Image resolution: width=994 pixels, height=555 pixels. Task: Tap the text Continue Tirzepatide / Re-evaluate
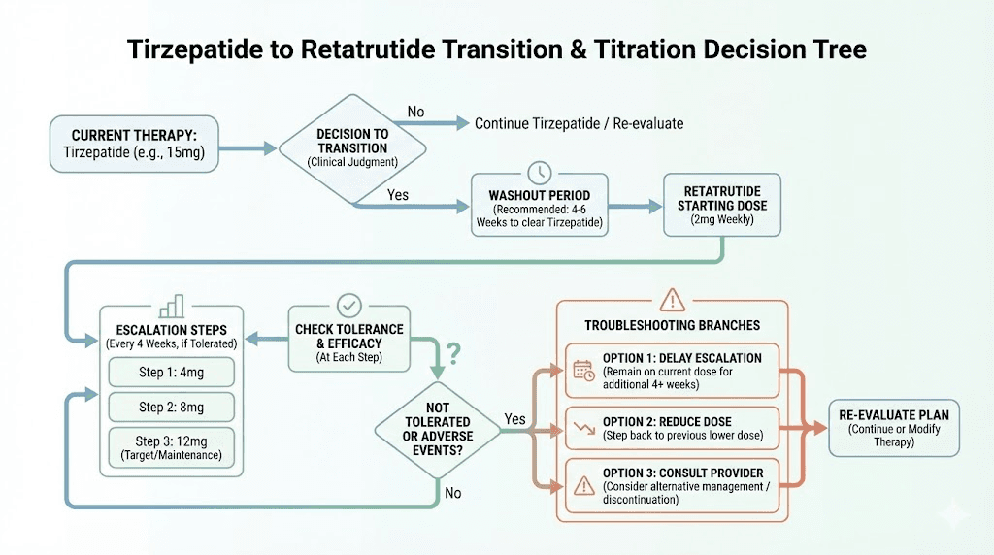point(579,123)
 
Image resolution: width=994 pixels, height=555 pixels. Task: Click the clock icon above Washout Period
point(539,173)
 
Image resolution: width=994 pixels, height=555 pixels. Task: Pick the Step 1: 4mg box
point(171,372)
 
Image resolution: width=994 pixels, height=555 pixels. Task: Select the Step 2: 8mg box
point(171,407)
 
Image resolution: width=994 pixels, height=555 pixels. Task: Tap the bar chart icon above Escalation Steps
point(173,307)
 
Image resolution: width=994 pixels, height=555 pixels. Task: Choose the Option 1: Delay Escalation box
point(673,370)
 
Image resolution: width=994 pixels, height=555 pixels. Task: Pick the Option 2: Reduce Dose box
point(673,428)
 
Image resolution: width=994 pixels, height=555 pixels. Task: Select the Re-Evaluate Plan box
point(894,428)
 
